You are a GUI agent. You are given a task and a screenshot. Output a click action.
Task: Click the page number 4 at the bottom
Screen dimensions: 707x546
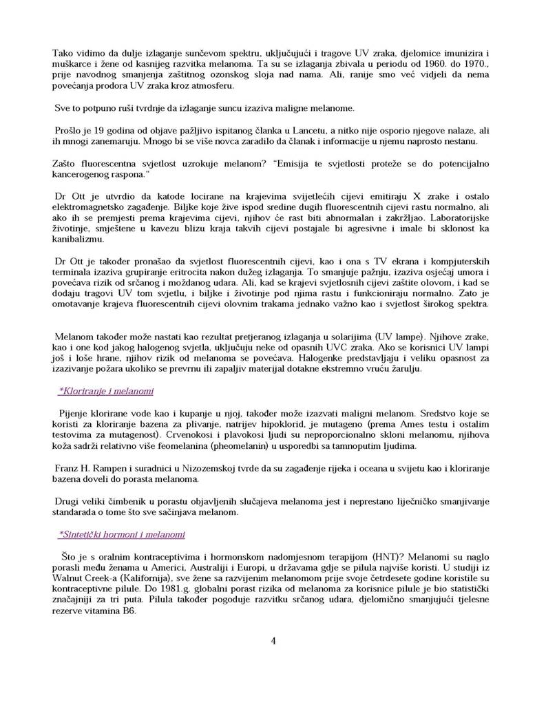(273, 642)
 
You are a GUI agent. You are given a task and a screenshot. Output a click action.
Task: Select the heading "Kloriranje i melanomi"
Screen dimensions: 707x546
(106, 392)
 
